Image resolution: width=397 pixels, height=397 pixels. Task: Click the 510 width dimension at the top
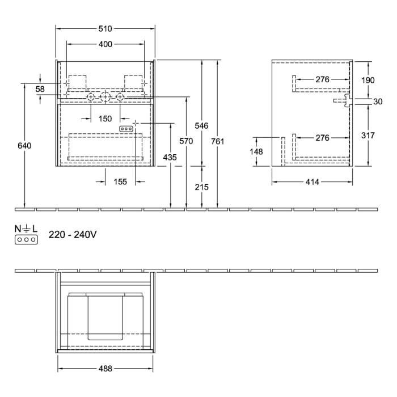105,28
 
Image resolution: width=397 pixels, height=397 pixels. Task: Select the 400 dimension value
105,44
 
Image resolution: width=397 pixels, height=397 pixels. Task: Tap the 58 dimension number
40,89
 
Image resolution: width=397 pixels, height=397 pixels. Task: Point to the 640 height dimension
24,146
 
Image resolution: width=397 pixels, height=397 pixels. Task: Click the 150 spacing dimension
105,119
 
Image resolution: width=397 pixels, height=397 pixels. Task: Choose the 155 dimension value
120,181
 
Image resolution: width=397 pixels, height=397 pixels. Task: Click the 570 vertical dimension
186,141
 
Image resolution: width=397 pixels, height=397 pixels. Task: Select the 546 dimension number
202,125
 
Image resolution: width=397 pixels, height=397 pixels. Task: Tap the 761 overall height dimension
218,141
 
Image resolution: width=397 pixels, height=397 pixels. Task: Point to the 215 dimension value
202,187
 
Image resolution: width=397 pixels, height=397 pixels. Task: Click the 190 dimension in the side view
368,80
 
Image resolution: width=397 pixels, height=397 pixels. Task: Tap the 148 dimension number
256,151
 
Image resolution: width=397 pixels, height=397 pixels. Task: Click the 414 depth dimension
312,181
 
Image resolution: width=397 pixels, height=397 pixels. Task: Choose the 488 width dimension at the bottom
105,368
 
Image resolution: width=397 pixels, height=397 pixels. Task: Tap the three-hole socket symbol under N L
27,239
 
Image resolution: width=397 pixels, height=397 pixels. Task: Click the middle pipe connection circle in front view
105,98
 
